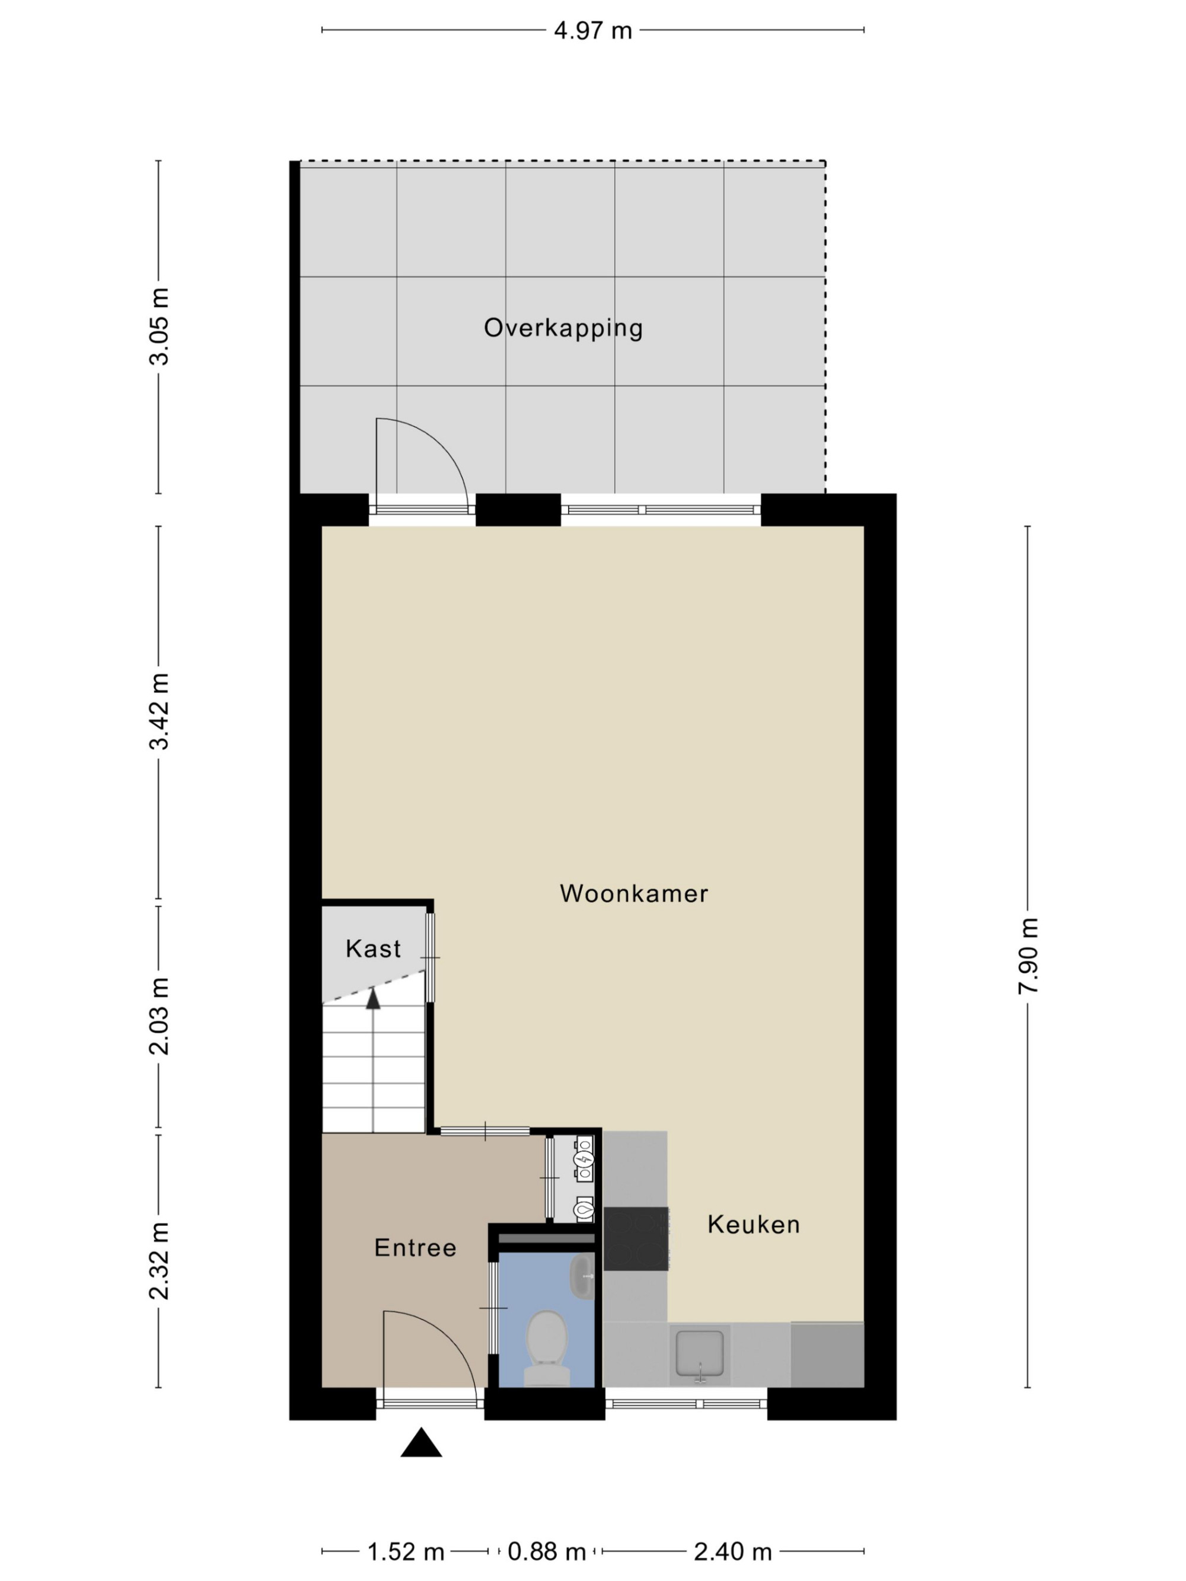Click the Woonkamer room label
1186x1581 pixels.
click(633, 893)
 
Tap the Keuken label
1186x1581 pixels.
click(754, 1224)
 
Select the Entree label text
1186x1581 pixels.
click(415, 1247)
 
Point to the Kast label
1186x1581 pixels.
click(373, 948)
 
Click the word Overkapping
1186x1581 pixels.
click(563, 328)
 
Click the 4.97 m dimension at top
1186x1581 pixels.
click(592, 31)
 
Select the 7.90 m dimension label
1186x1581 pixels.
click(1028, 956)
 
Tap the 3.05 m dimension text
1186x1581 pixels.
click(159, 327)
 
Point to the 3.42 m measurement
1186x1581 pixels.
click(159, 711)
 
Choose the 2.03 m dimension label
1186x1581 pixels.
click(159, 1016)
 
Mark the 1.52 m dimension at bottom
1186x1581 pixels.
click(406, 1552)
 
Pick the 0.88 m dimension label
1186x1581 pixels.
click(547, 1552)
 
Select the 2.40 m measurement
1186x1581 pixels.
click(733, 1552)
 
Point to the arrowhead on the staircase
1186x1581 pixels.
click(373, 998)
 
